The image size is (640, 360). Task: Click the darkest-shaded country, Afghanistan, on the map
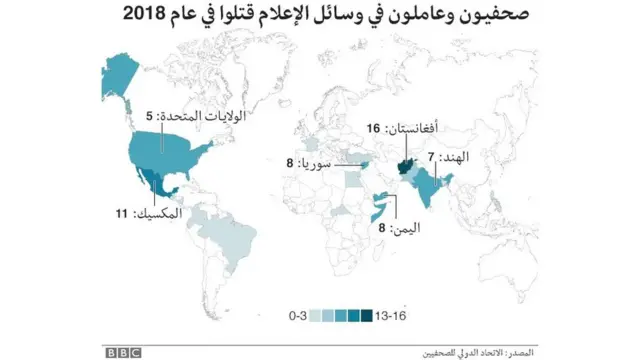tap(406, 163)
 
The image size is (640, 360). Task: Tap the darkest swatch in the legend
tap(365, 315)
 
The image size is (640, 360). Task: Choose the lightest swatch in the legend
tap(315, 315)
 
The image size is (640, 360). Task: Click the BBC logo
tap(124, 351)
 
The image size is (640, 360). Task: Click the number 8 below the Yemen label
tap(381, 228)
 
